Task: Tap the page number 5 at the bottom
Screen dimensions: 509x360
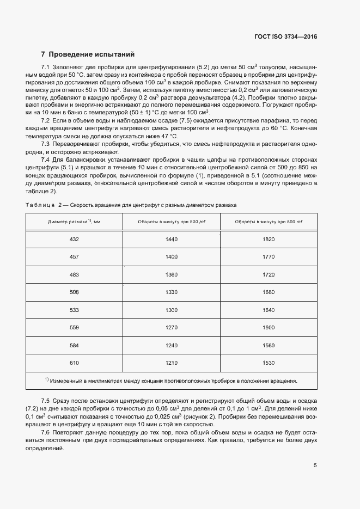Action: pyautogui.click(x=315, y=465)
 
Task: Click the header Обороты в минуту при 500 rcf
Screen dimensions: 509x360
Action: pyautogui.click(x=172, y=222)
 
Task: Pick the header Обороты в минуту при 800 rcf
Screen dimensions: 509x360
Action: pyautogui.click(x=269, y=222)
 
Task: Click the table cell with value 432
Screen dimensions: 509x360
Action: pyautogui.click(x=74, y=240)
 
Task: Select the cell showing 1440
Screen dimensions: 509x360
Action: pyautogui.click(x=172, y=240)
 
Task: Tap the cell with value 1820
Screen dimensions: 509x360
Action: pyautogui.click(x=269, y=240)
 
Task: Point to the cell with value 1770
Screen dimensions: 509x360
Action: pyautogui.click(x=269, y=257)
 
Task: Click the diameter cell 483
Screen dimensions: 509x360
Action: pyautogui.click(x=74, y=274)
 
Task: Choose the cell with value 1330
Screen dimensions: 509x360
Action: pyautogui.click(x=172, y=292)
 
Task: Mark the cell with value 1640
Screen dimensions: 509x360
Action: pyautogui.click(x=269, y=310)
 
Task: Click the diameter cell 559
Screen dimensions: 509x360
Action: pyautogui.click(x=74, y=327)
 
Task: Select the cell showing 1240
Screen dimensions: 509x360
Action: pyautogui.click(x=172, y=345)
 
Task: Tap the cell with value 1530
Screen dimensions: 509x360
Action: pyautogui.click(x=269, y=362)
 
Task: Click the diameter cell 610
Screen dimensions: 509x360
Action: pyautogui.click(x=74, y=362)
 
